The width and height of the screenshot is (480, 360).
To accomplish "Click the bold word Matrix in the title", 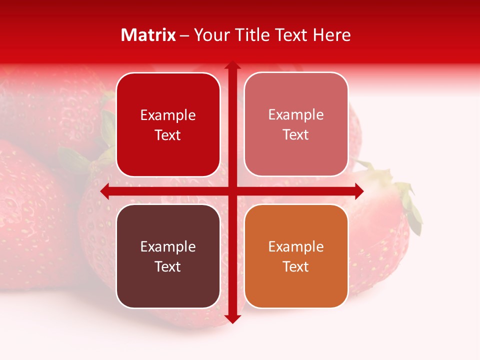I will click(148, 35).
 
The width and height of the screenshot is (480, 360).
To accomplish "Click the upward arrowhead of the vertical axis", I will click(232, 65).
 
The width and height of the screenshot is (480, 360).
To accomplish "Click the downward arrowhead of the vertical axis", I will click(232, 318).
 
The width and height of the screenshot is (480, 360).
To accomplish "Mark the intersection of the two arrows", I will click(232, 191).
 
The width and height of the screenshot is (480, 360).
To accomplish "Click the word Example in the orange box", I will click(296, 246).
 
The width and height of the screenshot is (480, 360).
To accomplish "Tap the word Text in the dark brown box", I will click(167, 266).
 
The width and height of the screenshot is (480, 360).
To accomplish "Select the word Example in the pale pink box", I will click(296, 114).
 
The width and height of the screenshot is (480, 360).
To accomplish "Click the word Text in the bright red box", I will click(167, 135).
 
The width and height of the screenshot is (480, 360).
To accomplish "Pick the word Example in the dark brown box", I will click(168, 246).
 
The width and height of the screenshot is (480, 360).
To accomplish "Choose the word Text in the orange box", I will click(295, 266).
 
